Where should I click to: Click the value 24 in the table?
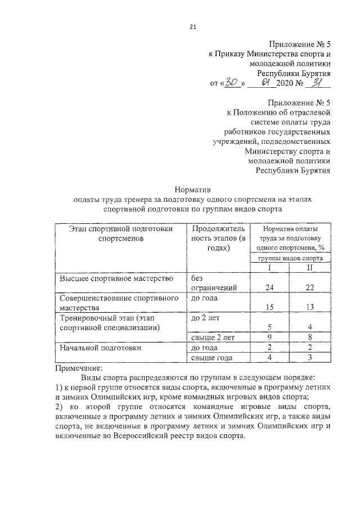[269, 287]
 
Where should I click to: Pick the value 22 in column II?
[309, 287]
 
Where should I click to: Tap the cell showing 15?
[269, 308]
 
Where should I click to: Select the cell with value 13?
[309, 308]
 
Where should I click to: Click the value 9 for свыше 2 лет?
[269, 337]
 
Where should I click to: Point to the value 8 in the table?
[309, 337]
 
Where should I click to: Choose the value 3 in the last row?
[309, 357]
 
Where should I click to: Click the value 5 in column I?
[269, 327]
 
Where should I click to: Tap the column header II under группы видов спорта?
[309, 267]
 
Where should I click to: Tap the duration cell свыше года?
[214, 357]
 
